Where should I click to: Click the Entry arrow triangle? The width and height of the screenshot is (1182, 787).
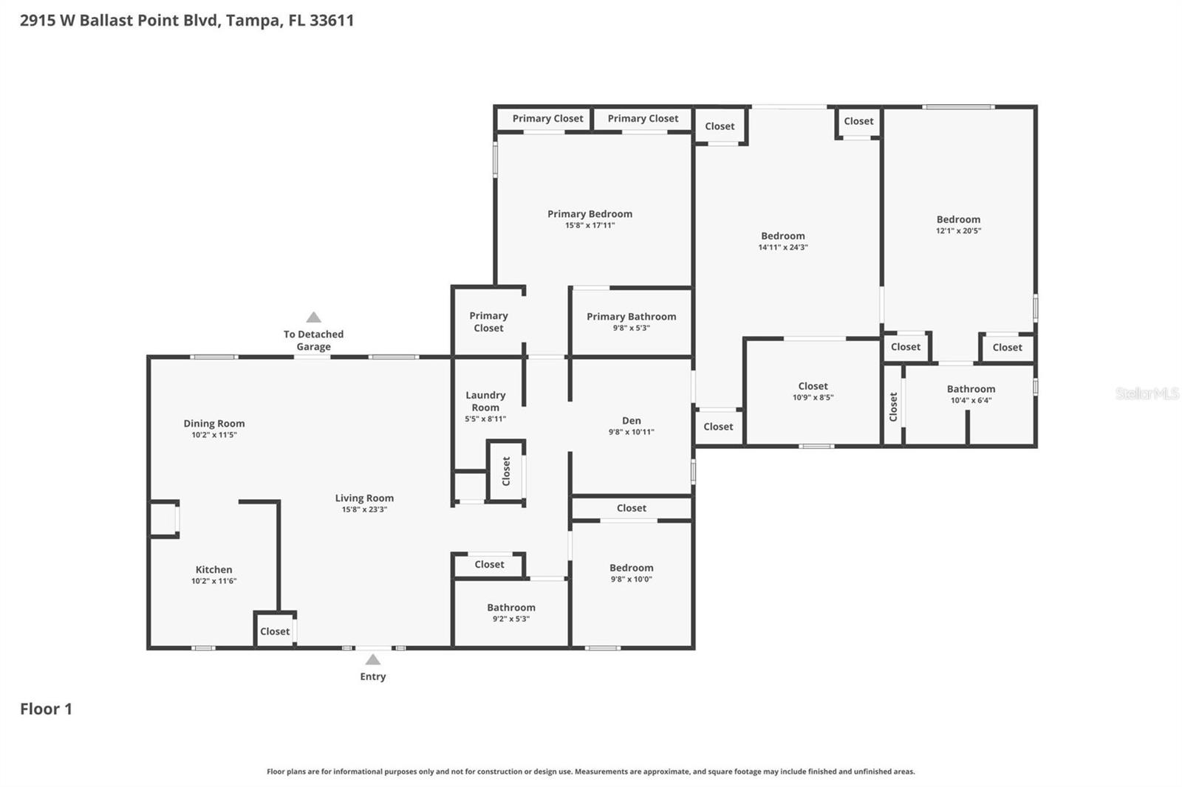373,660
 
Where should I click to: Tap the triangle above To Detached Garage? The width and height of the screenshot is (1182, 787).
314,317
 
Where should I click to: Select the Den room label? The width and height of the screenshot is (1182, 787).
631,421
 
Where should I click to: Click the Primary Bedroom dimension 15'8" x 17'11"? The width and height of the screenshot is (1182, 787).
590,225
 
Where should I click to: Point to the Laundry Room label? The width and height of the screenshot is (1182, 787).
485,401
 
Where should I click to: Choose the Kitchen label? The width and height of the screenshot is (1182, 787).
213,569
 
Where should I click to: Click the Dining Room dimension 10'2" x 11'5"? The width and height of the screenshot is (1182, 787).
213,435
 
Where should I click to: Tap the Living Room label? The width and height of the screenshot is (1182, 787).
364,498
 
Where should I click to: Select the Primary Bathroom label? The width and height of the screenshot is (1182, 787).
631,316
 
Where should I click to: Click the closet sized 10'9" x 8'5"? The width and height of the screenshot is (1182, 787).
813,391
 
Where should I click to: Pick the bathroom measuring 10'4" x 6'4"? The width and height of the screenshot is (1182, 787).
971,394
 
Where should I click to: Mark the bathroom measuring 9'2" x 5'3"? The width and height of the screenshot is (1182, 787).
510,613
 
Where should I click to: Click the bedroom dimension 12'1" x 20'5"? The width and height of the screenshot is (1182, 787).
958,230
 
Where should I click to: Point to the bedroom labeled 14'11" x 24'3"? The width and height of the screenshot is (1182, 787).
783,241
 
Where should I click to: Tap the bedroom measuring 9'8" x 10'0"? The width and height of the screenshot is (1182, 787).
631,573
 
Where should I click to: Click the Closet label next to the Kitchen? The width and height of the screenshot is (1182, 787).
275,631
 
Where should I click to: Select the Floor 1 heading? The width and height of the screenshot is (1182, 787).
46,709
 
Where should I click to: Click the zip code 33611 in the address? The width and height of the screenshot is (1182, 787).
332,20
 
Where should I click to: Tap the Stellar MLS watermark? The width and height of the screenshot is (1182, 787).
1147,393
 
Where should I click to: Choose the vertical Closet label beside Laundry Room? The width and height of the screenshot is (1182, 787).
506,471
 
